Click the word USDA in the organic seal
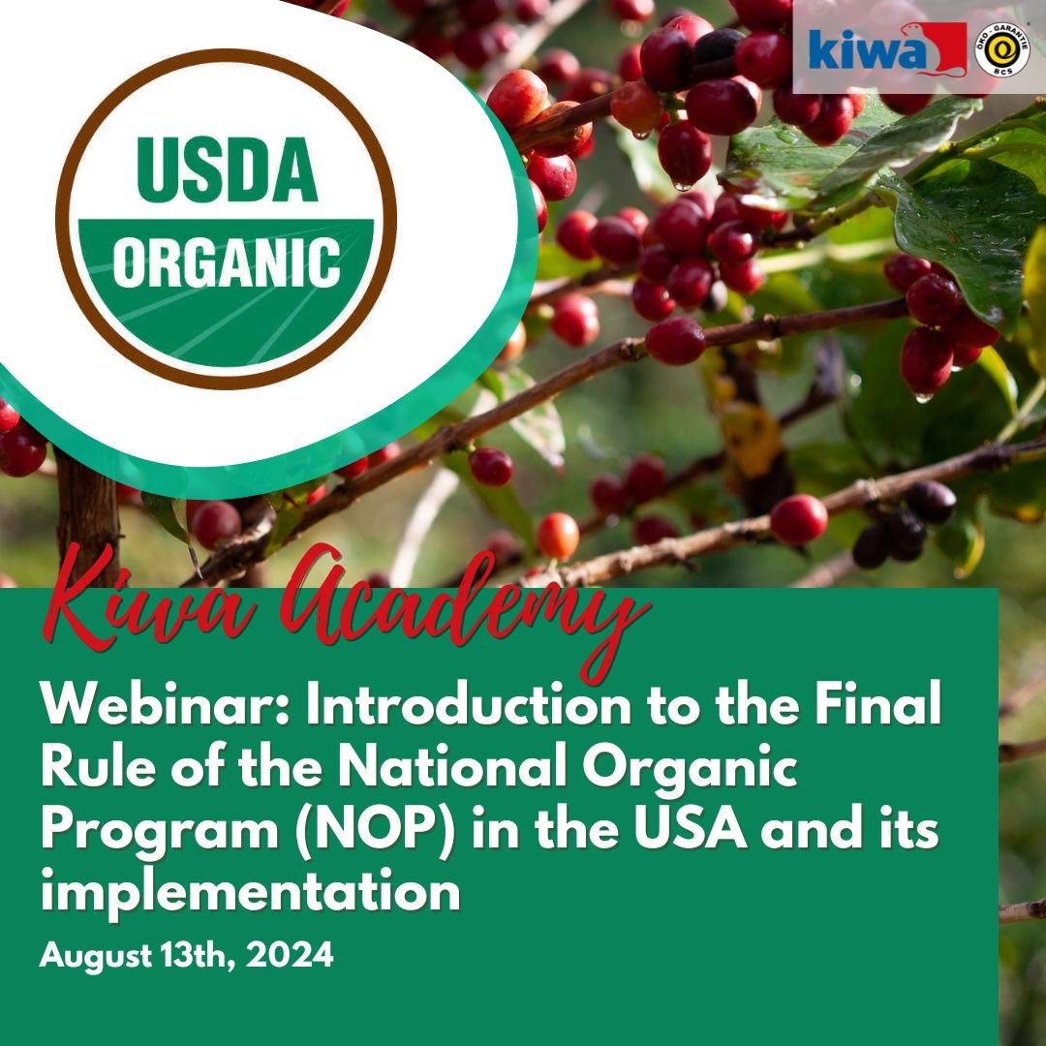[227, 169]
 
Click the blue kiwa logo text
[866, 51]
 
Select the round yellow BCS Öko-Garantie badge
[1002, 49]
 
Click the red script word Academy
[464, 610]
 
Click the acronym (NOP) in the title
[375, 829]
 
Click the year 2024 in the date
[290, 955]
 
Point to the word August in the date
[96, 957]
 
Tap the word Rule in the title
[98, 766]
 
